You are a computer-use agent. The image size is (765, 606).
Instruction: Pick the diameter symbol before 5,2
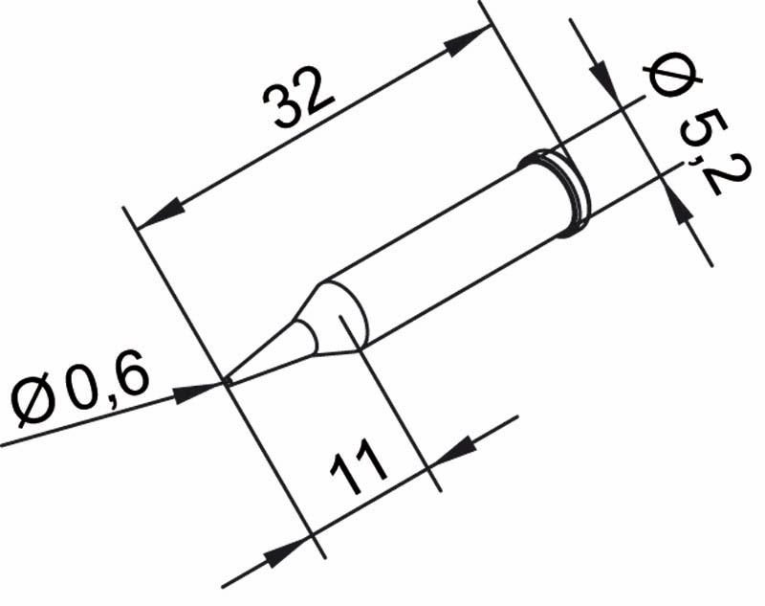(x=662, y=79)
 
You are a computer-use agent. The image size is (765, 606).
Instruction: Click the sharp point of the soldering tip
(x=228, y=382)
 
